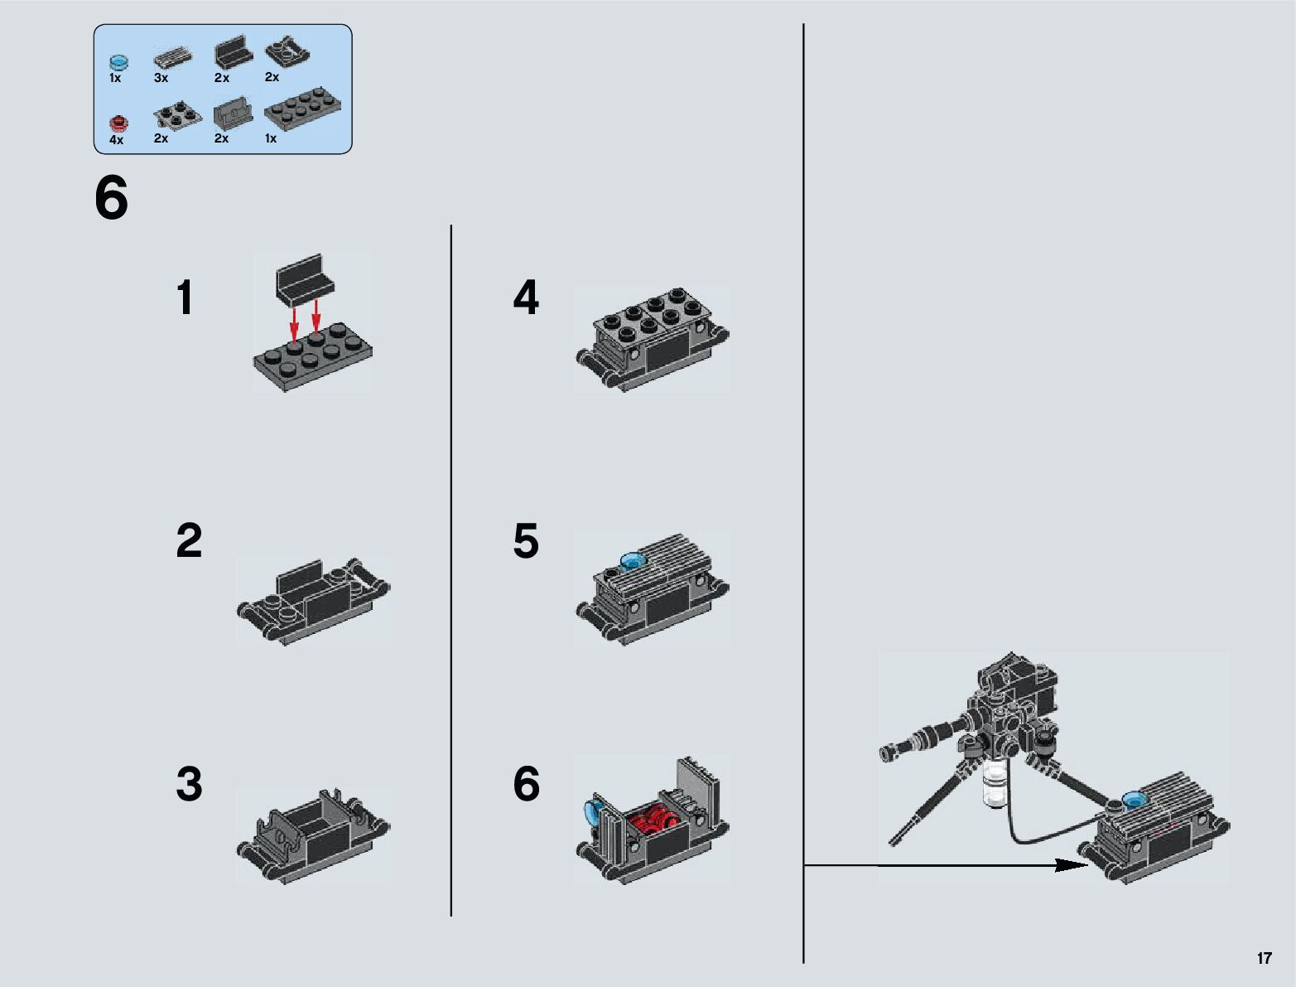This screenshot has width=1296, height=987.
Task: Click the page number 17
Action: click(x=1264, y=958)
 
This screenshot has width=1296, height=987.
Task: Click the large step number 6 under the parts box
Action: click(x=111, y=197)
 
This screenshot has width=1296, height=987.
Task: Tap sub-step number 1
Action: click(x=185, y=298)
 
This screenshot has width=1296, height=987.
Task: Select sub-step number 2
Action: click(x=189, y=540)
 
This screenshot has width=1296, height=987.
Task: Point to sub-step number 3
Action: click(x=189, y=784)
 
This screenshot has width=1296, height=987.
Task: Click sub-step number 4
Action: click(x=526, y=298)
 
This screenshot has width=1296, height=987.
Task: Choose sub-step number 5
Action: click(x=526, y=540)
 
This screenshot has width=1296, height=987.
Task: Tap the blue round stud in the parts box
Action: click(x=118, y=62)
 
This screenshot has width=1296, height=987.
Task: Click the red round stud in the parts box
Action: click(x=119, y=123)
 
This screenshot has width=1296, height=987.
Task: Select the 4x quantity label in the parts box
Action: click(x=116, y=140)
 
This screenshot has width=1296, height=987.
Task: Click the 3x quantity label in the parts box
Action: click(x=161, y=78)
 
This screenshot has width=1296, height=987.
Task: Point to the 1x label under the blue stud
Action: click(x=115, y=78)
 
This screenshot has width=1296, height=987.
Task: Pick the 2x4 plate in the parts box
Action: click(x=303, y=108)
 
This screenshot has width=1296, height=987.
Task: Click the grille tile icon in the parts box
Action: click(x=173, y=59)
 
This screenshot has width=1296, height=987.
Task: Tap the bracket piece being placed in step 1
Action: click(x=305, y=279)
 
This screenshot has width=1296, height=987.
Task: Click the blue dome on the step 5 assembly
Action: click(x=632, y=560)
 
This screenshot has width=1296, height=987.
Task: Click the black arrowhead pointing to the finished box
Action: click(x=1071, y=865)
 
